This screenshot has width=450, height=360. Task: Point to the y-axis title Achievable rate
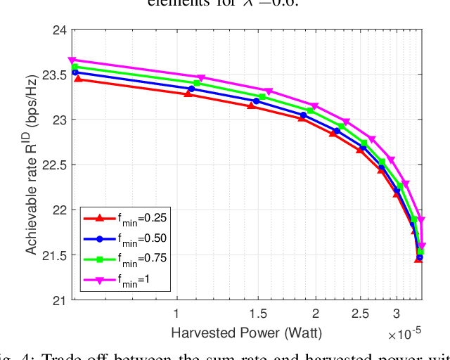33,165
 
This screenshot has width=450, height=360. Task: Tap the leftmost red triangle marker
78,79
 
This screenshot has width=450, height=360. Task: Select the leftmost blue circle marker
75,72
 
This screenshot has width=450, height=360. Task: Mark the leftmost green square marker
74,67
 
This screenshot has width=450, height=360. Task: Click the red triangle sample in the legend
100,218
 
